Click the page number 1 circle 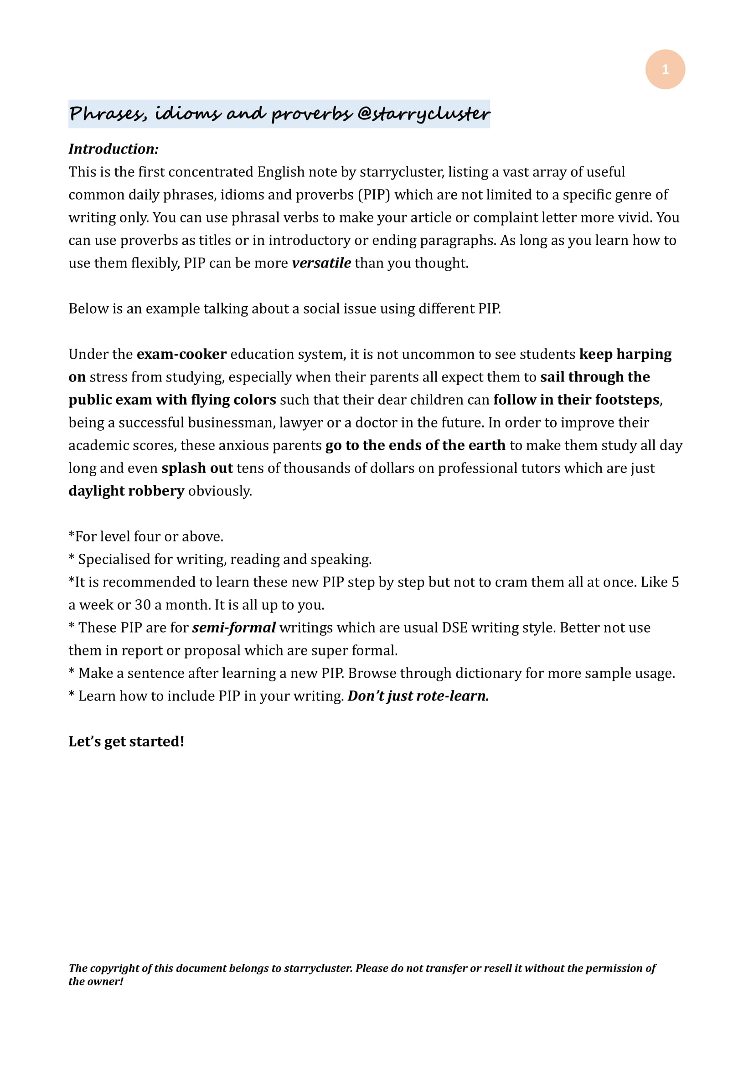[x=665, y=69]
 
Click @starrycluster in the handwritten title [x=423, y=114]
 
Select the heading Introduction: [x=114, y=149]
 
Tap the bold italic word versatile [x=321, y=263]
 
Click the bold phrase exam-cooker [x=181, y=354]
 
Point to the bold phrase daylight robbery [x=126, y=491]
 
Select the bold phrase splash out [x=197, y=468]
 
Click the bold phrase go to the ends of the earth [x=415, y=445]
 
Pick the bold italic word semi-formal [x=234, y=628]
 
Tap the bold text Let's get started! [x=126, y=742]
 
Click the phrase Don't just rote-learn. [x=418, y=696]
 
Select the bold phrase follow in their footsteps [x=576, y=400]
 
